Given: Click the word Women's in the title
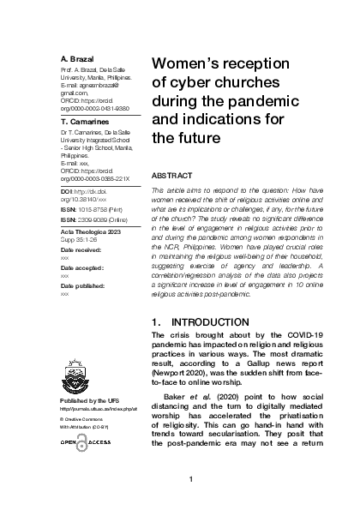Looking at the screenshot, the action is tap(189, 64).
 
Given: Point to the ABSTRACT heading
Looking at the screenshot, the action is tap(175, 174).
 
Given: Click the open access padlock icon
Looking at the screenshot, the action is tap(74, 441).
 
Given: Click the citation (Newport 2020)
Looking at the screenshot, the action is tap(180, 350).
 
